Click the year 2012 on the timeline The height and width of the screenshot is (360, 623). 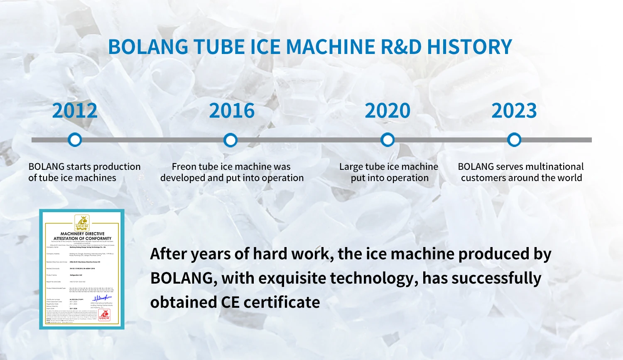(75, 111)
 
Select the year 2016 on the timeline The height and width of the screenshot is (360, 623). (232, 111)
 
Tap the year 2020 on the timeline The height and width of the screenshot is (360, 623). (388, 111)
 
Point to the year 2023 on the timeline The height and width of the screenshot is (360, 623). (514, 111)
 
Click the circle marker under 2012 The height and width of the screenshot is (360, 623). (75, 140)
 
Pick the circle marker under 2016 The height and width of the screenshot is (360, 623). (231, 140)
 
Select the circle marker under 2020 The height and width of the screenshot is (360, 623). (388, 140)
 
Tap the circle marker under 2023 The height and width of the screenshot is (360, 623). (514, 140)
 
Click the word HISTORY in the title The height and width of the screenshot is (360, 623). (469, 47)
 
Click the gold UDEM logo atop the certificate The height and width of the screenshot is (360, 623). (82, 223)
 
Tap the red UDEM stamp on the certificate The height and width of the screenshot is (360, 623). (104, 315)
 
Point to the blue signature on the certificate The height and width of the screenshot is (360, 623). (101, 298)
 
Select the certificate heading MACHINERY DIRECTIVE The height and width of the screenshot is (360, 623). (82, 234)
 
